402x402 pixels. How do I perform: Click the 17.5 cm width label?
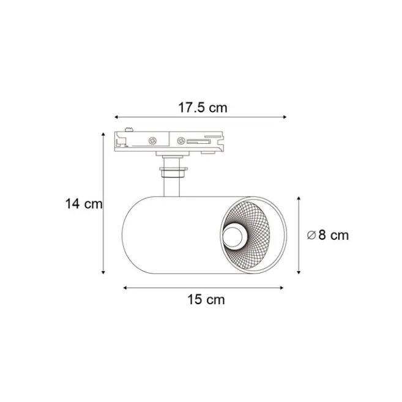coord(203,108)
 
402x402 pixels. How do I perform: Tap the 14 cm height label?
coord(84,204)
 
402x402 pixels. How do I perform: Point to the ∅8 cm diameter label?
coord(328,235)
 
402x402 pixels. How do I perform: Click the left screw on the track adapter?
coord(151,141)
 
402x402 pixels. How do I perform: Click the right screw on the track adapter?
coord(181,141)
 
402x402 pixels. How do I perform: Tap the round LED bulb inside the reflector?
coord(233,235)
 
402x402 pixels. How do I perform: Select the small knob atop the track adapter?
coord(129,129)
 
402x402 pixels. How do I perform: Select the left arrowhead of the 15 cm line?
coord(124,286)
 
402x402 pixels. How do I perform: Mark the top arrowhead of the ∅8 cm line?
coord(298,198)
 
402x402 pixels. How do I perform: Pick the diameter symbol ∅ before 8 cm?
coord(311,235)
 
